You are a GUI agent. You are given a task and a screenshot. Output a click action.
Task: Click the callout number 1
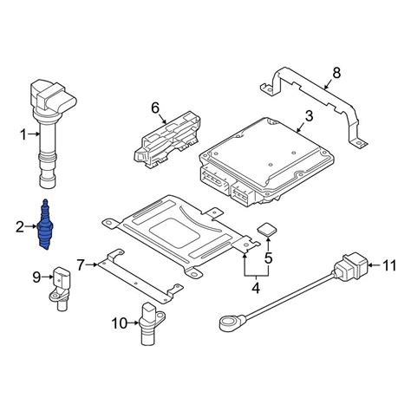(x=24, y=134)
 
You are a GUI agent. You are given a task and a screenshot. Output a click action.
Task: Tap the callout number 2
(x=18, y=227)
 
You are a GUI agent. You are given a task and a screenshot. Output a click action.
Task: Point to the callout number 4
(x=257, y=289)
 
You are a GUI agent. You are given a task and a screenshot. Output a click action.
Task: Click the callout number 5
(x=269, y=258)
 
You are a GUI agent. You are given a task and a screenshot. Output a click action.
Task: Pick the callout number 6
(x=155, y=108)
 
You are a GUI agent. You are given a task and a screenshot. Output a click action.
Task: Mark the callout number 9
(x=37, y=277)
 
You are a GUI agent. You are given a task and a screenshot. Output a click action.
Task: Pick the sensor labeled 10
(x=149, y=322)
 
